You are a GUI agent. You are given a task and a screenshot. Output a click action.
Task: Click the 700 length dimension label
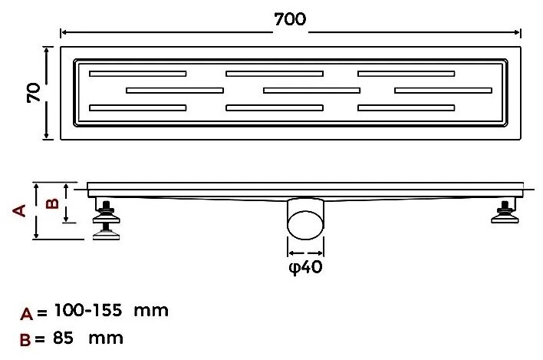click(290, 19)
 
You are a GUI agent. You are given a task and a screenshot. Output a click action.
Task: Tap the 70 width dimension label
click(34, 93)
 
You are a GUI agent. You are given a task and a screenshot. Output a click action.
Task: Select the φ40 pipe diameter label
click(305, 267)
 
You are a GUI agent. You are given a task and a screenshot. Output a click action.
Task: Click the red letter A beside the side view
click(19, 210)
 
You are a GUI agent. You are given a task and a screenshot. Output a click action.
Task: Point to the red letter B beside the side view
click(52, 203)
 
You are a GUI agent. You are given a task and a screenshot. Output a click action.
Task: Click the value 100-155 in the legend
click(88, 310)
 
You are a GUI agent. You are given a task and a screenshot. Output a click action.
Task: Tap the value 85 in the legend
click(64, 338)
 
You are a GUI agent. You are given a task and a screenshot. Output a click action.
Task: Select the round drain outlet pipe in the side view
click(305, 219)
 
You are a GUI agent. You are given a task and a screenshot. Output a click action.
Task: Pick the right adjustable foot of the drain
click(505, 211)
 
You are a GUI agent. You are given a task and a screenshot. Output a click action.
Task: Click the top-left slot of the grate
click(138, 74)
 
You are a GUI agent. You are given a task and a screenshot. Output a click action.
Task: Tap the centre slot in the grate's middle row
click(311, 91)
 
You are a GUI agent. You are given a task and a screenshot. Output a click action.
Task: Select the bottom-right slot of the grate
click(406, 107)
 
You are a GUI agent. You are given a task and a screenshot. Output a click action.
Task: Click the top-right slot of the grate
click(406, 74)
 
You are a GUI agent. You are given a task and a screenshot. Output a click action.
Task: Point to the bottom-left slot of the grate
click(138, 107)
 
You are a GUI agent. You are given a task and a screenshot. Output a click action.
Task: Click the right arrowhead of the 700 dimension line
click(518, 32)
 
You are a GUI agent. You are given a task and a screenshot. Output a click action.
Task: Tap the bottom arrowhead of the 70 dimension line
click(47, 135)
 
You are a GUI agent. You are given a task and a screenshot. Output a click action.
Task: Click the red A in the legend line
click(27, 314)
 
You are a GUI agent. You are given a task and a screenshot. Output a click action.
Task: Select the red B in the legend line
click(25, 340)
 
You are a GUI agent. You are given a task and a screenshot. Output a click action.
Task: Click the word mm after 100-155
click(151, 311)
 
